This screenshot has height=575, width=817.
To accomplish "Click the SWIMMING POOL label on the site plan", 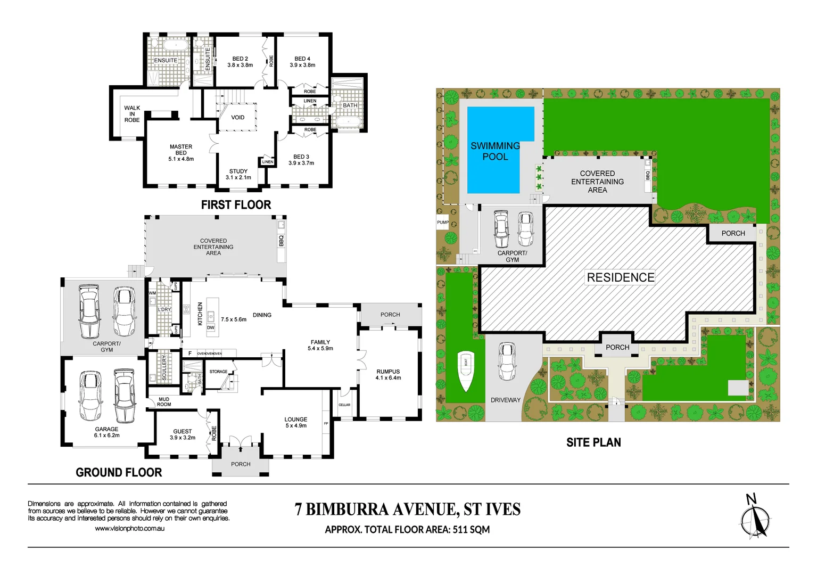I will tap(495, 151).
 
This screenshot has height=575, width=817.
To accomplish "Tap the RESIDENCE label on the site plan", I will tap(620, 277).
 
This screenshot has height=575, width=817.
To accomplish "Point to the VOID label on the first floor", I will tap(238, 118).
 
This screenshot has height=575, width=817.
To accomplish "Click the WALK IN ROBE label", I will tap(132, 114).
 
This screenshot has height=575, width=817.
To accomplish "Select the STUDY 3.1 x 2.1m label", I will tap(238, 175).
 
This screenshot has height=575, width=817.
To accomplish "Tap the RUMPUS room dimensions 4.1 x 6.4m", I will tap(388, 378).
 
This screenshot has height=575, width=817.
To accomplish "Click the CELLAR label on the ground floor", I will tap(344, 405).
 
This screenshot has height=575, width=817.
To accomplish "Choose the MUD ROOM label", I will tap(164, 402).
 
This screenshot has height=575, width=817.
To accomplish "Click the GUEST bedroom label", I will tap(183, 432).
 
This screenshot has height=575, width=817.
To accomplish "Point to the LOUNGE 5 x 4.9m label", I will tap(296, 423).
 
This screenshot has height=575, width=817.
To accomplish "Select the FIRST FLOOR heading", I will tap(236, 205).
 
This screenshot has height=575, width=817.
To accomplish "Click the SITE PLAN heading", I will tap(593, 442).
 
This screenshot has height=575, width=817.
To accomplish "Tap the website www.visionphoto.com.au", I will tap(129, 529).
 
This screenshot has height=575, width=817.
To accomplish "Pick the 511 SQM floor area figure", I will tap(471, 530).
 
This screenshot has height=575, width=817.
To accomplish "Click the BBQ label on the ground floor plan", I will tap(281, 241).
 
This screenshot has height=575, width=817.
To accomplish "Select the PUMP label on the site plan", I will tap(443, 223).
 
